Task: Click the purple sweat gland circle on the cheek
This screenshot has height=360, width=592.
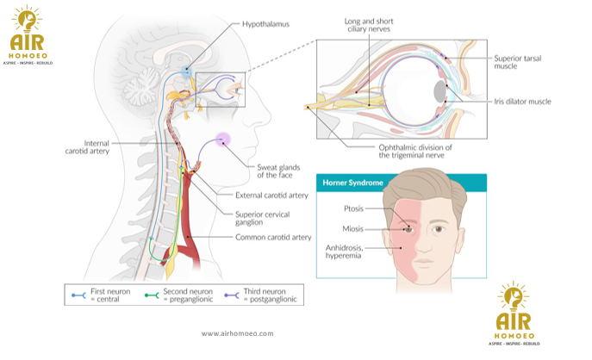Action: click(224, 139)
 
